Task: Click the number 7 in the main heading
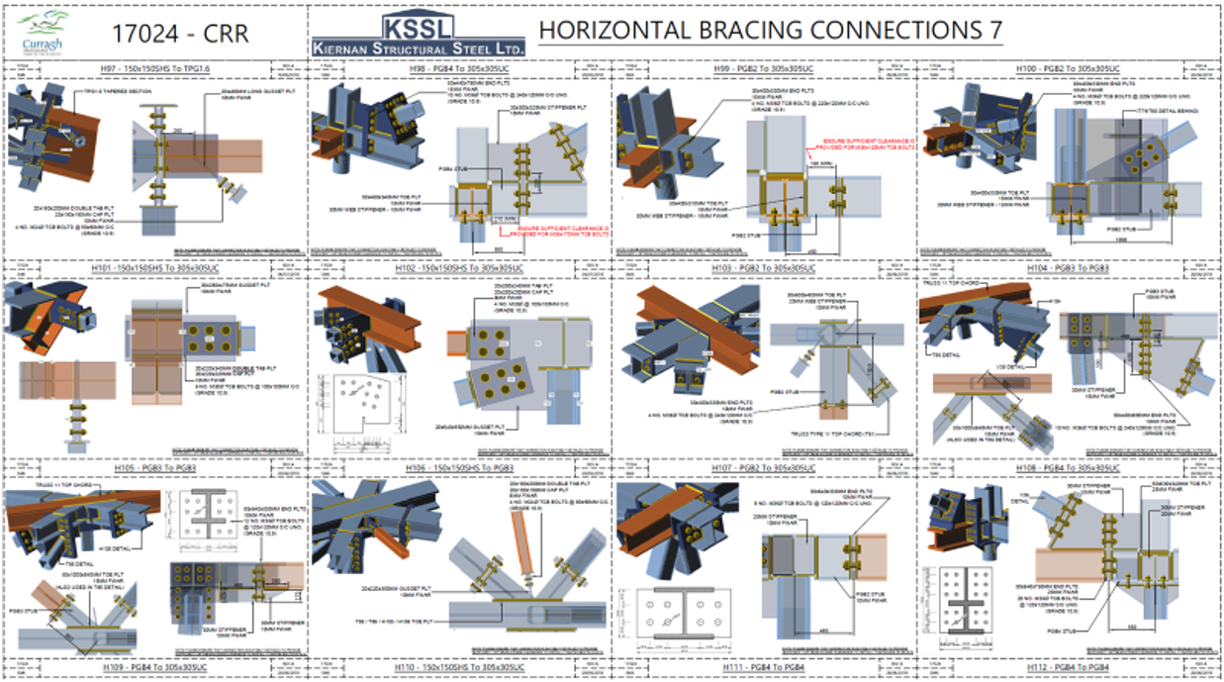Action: click(993, 30)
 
